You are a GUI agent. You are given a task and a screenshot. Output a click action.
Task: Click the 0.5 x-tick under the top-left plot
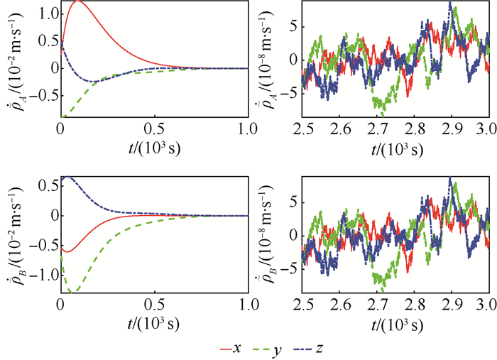(x=154, y=128)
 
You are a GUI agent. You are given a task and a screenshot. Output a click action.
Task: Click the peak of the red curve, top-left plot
(x=77, y=2)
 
